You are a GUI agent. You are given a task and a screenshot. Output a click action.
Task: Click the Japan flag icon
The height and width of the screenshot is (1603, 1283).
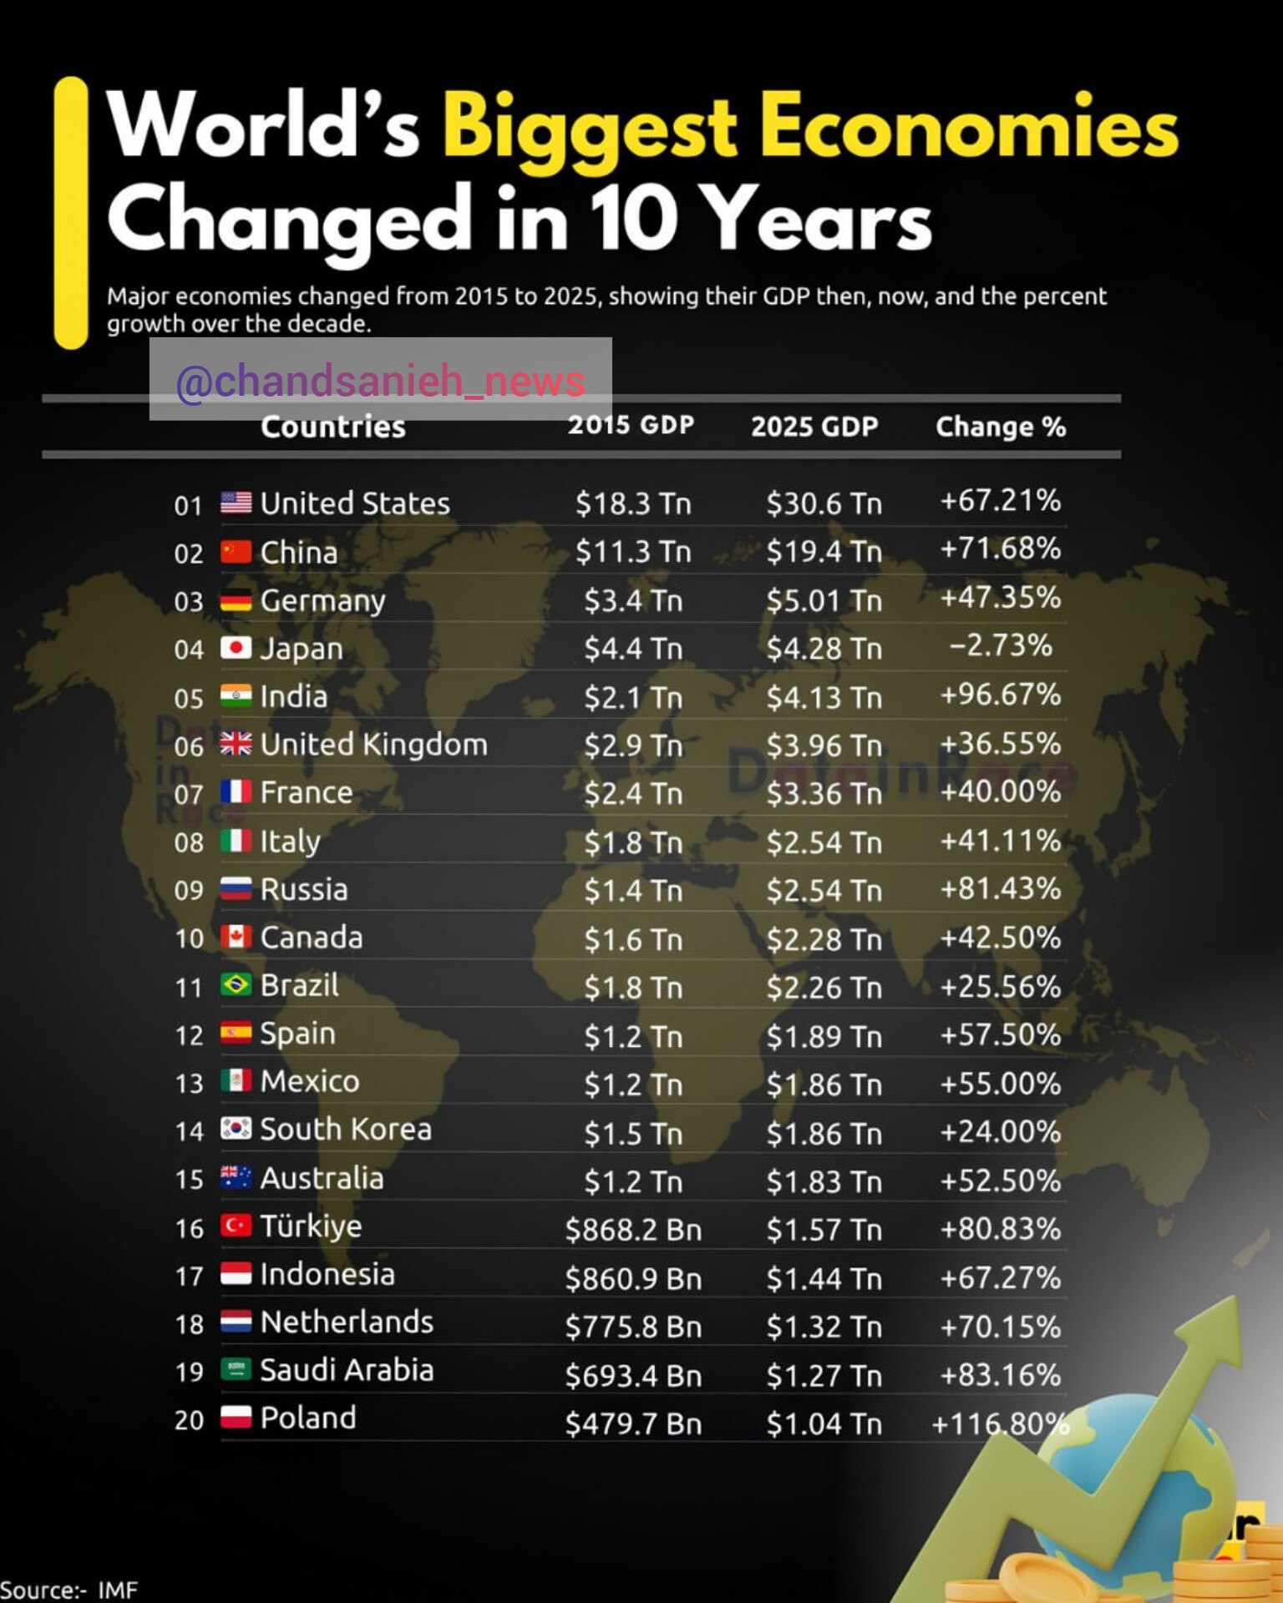[x=236, y=648]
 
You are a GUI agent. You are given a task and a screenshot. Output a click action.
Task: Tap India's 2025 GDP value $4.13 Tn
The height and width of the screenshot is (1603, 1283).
[x=824, y=697]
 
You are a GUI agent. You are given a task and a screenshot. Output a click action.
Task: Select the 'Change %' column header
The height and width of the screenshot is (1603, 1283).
[x=1000, y=427]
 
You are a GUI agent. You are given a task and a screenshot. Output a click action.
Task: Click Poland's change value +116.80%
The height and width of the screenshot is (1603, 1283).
[x=1000, y=1423]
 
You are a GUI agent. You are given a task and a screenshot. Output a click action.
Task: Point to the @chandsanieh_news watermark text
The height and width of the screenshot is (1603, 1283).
[x=380, y=381]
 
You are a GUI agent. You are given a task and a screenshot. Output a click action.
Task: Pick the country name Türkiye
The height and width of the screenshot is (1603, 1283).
[x=311, y=1226]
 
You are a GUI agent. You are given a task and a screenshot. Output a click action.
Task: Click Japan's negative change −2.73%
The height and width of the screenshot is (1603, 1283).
[x=1000, y=645]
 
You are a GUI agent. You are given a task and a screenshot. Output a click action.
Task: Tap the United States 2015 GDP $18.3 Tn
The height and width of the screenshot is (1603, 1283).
[x=633, y=503]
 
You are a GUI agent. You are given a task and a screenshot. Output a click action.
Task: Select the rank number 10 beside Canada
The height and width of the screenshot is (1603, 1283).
[x=189, y=938]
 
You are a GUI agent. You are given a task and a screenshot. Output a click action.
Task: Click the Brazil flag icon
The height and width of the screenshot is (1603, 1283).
[x=236, y=985]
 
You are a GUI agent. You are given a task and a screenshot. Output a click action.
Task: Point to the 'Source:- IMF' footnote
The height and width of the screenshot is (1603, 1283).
[x=68, y=1590]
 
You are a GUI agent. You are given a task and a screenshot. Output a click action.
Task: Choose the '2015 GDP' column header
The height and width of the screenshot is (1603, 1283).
[x=631, y=425]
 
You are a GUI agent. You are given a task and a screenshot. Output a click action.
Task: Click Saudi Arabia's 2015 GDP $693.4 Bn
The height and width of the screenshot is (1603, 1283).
[x=633, y=1375]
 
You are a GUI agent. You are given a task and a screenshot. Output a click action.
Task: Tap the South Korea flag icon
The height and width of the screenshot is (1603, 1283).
[x=236, y=1129]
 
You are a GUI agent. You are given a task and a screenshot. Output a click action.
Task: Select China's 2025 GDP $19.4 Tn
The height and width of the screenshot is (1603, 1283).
[x=824, y=552]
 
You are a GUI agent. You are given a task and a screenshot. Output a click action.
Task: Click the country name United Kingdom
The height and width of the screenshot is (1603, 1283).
[x=373, y=744]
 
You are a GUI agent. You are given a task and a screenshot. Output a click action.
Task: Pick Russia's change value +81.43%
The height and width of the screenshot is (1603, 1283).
[x=1000, y=888]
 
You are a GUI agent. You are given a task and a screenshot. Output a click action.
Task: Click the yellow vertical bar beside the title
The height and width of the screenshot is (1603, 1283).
[x=71, y=213]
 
